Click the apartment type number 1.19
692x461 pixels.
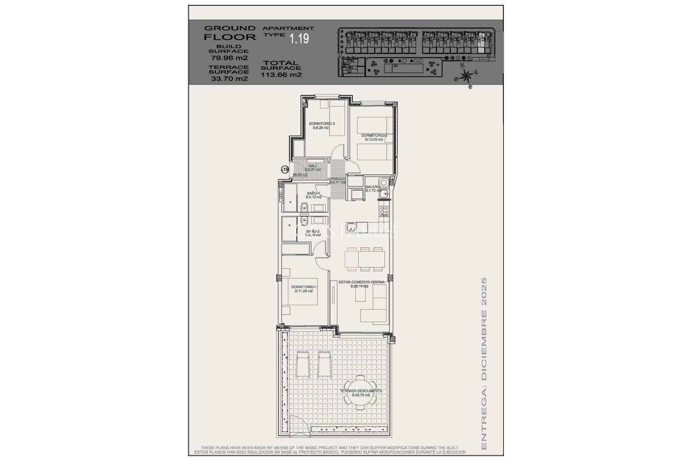pos(300,39)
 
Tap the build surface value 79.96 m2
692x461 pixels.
pos(229,58)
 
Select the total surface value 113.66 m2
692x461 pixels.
pos(281,75)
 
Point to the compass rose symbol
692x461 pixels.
pos(466,76)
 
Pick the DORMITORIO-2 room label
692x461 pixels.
pos(374,137)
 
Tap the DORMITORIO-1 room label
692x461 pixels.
pos(303,289)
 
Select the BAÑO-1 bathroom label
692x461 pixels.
pos(313,195)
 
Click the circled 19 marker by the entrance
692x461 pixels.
pos(285,169)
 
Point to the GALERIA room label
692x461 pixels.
pos(373,188)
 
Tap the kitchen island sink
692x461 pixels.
pos(351,227)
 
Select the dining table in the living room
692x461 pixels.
pos(365,259)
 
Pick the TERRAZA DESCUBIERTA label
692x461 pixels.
pos(361,393)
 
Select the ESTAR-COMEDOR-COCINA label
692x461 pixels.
pos(361,284)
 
